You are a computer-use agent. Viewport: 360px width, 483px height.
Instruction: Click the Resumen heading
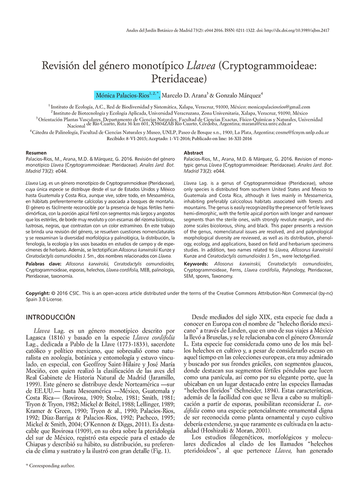[x=35, y=153]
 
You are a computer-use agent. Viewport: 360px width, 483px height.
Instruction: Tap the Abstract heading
[x=193, y=153]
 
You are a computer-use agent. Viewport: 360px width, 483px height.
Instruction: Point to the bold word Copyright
[x=38, y=293]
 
